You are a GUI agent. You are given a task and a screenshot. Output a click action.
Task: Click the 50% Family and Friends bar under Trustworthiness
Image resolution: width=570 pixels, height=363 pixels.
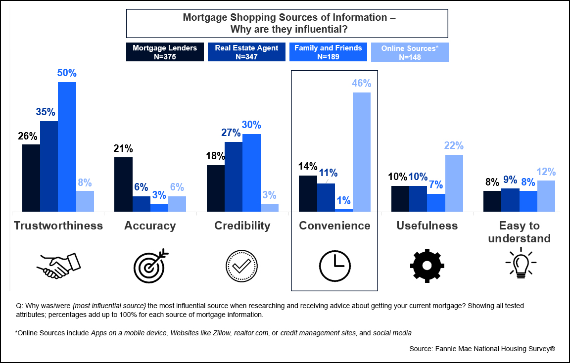[67, 147]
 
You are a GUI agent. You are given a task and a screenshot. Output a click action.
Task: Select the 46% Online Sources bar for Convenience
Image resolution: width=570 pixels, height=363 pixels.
[361, 152]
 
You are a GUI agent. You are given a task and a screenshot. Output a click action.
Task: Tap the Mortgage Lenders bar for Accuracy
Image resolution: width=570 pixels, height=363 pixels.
[123, 184]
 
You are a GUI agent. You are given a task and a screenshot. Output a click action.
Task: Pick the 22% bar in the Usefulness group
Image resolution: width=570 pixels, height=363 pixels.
[454, 183]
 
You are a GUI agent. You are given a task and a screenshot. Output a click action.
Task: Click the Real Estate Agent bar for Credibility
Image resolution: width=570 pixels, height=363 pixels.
[234, 177]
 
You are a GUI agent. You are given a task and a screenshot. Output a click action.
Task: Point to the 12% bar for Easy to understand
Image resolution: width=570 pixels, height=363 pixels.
[546, 196]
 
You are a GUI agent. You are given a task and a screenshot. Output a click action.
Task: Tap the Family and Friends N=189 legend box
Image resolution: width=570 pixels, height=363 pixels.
[328, 52]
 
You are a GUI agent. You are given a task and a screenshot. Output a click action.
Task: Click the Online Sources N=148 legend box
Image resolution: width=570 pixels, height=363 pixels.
[410, 52]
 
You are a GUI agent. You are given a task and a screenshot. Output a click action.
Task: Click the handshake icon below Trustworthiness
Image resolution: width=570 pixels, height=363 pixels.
[58, 266]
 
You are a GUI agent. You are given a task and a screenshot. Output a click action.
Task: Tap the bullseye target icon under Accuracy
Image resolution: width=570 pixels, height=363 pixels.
[150, 266]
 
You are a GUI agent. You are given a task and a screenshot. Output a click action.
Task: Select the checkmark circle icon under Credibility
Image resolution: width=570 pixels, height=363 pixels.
[242, 266]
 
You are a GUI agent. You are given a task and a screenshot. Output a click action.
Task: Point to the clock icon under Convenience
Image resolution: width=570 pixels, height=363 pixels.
[334, 266]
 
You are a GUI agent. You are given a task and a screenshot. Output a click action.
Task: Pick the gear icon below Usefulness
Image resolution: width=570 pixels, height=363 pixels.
[427, 266]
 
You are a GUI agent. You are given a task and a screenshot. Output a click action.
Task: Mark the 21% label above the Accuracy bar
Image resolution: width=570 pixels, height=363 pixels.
[123, 148]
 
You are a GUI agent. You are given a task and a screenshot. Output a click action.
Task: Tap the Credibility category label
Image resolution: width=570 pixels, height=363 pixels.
[242, 226]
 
